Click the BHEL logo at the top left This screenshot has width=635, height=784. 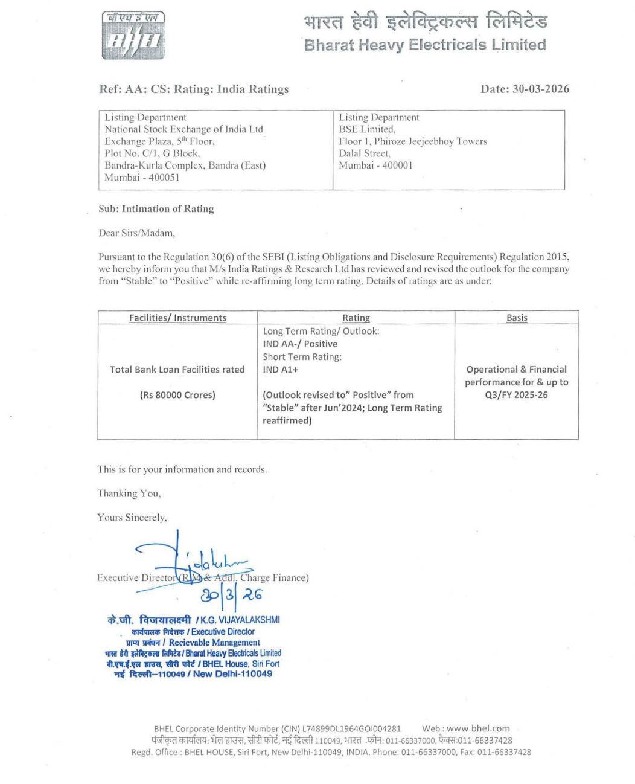click(133, 37)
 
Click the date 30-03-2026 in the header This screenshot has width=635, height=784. click(525, 89)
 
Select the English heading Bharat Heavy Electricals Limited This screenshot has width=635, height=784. click(425, 45)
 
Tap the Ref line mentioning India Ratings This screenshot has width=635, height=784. click(194, 89)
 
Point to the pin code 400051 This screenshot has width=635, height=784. click(162, 178)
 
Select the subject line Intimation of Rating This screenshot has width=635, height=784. click(156, 209)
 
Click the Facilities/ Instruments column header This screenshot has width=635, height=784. click(177, 318)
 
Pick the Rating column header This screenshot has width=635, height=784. click(356, 318)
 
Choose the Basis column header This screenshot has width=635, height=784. click(517, 318)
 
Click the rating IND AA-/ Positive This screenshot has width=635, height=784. click(300, 344)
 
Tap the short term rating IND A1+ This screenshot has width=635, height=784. click(280, 370)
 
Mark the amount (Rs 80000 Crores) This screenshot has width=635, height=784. click(177, 395)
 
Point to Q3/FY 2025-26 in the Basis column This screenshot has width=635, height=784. click(516, 395)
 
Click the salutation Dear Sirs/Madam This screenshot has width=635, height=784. click(136, 233)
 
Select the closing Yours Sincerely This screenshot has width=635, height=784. click(132, 518)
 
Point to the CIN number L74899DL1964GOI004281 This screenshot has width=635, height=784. click(347, 728)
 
